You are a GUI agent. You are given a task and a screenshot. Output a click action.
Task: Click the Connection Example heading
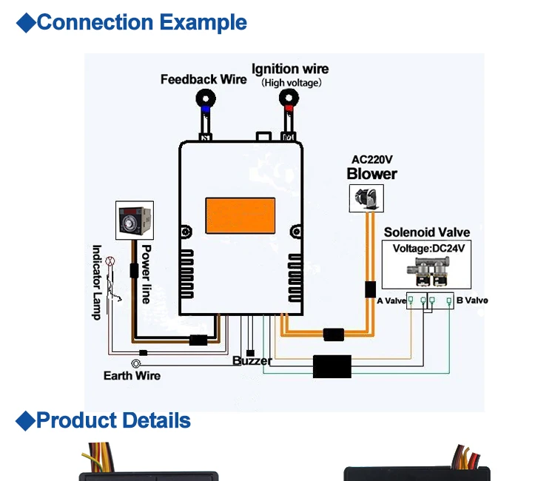[141, 22]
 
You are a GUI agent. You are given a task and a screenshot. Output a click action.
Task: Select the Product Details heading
[112, 421]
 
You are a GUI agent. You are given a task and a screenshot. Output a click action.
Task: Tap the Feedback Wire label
[203, 79]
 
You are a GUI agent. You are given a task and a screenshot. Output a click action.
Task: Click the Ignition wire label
[290, 69]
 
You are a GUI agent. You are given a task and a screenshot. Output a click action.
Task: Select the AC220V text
[371, 160]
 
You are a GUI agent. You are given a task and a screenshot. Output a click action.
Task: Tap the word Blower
[371, 174]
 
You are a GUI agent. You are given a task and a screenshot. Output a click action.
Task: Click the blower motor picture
[367, 196]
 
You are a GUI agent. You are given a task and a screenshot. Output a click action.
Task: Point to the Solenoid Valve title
[426, 232]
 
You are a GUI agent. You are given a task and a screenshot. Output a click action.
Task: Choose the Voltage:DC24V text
[428, 249]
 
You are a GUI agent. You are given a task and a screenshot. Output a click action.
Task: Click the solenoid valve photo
[428, 272]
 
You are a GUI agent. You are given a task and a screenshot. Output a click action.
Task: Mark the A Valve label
[391, 300]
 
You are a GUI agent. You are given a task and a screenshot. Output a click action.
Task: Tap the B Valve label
[472, 300]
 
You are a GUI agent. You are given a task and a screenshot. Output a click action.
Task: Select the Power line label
[146, 274]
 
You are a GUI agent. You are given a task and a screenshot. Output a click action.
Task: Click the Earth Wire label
[132, 376]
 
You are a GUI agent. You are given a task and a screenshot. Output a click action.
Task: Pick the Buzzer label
[252, 361]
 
